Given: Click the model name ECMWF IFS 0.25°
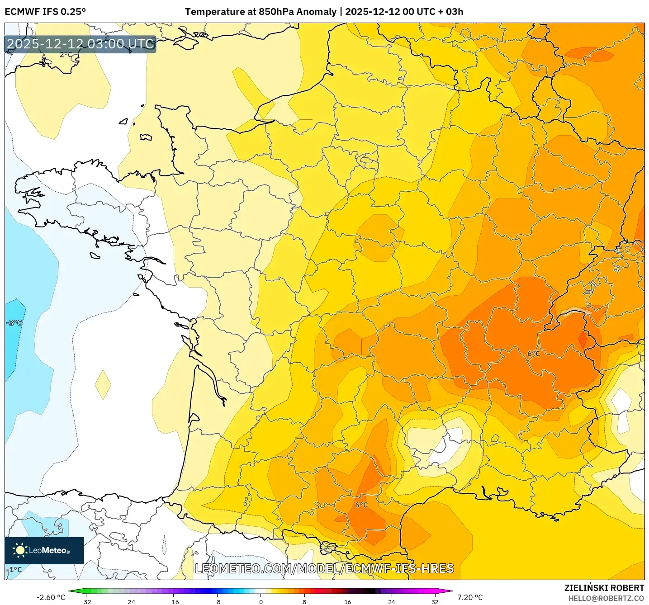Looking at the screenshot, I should [45, 12].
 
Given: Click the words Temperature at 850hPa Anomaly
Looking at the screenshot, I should [261, 12].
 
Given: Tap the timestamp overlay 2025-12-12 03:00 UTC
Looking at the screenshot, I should [81, 44].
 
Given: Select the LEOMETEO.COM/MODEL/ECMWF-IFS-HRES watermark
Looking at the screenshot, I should [324, 568].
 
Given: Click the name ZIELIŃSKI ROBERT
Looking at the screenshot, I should [604, 588].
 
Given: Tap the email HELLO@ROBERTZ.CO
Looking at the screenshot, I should [606, 598].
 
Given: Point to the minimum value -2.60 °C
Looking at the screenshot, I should [51, 597].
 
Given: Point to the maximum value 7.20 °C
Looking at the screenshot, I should [470, 597].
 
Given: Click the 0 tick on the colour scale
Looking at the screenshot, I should [261, 601].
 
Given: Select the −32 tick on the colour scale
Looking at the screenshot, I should [85, 601].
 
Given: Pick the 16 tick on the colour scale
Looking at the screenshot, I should [347, 601].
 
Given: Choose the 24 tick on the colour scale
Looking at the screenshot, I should [391, 601].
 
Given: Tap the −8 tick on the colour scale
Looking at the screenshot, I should [217, 601].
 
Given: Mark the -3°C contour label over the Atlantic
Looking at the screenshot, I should [14, 323].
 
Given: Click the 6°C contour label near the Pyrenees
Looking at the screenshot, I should [361, 505].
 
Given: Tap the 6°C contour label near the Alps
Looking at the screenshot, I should [534, 354].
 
